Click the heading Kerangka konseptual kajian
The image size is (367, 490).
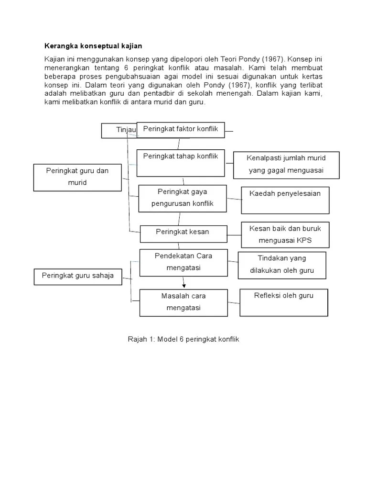[94, 46]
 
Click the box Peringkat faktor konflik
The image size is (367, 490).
[181, 130]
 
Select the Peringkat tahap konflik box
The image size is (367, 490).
[181, 163]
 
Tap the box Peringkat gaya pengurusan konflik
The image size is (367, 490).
[182, 198]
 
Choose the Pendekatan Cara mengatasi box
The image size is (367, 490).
[183, 262]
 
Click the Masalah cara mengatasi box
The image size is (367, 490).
[183, 302]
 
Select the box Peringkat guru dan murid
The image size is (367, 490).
[77, 177]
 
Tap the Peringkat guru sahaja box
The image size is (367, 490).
[78, 277]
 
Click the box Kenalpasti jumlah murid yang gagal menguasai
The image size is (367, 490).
[286, 165]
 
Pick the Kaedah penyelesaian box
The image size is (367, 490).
[285, 200]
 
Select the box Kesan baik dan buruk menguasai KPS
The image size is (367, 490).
[285, 234]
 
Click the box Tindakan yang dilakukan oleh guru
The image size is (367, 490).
[282, 265]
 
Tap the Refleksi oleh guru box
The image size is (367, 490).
[284, 302]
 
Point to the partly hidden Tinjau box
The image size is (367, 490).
[119, 131]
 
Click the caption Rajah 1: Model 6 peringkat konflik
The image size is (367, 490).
[183, 339]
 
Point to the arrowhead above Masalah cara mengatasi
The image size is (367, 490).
[183, 286]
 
